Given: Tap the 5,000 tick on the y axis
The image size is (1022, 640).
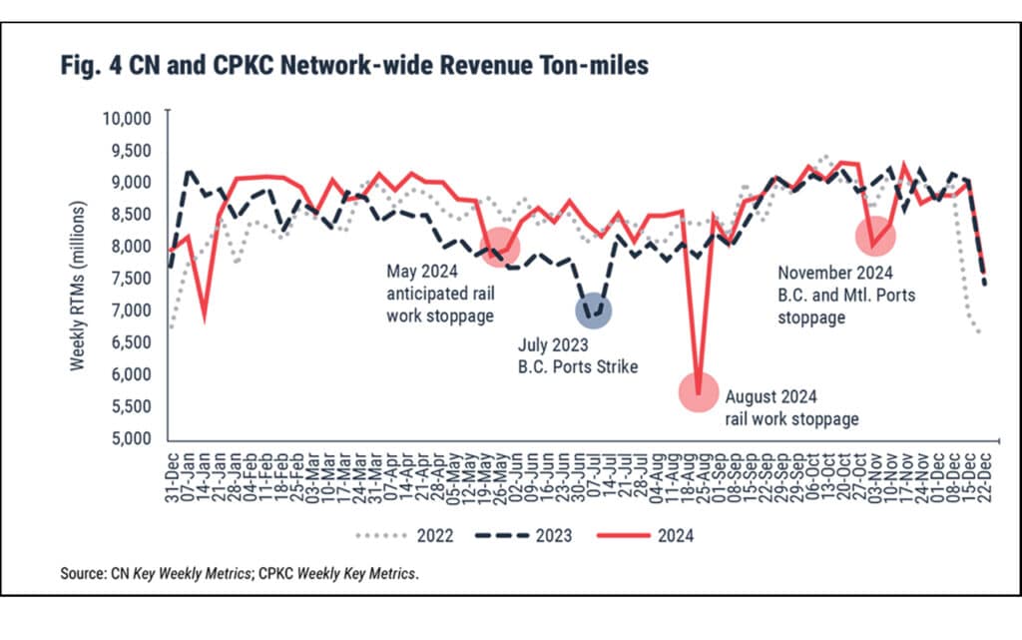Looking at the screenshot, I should pyautogui.click(x=130, y=439).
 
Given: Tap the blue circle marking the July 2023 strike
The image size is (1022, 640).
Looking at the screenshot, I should pyautogui.click(x=594, y=312).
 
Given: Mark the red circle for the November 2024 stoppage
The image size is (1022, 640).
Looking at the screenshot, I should pyautogui.click(x=875, y=236).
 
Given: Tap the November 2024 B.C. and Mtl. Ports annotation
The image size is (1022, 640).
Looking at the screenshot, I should pyautogui.click(x=847, y=294).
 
